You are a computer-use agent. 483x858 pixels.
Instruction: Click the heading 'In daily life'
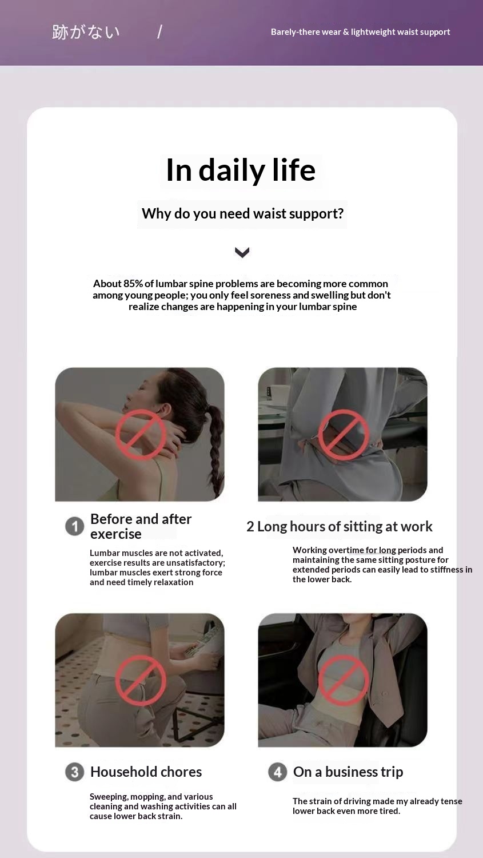pyautogui.click(x=241, y=170)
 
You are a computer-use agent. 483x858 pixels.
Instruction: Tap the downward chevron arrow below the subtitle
pyautogui.click(x=242, y=252)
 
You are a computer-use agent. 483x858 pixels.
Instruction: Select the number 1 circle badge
pyautogui.click(x=75, y=526)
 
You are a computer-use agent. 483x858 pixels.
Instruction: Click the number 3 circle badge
pyautogui.click(x=75, y=772)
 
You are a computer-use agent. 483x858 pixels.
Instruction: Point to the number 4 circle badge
pyautogui.click(x=277, y=772)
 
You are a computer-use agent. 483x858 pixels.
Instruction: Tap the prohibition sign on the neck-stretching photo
pyautogui.click(x=141, y=435)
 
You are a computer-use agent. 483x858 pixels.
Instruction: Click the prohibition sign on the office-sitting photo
pyautogui.click(x=344, y=435)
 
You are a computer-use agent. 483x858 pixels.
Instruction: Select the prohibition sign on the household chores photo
pyautogui.click(x=141, y=680)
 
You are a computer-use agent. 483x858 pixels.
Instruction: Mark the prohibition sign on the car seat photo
pyautogui.click(x=344, y=680)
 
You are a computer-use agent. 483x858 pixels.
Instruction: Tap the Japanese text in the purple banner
pyautogui.click(x=86, y=32)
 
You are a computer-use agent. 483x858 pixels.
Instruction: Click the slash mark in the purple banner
pyautogui.click(x=160, y=32)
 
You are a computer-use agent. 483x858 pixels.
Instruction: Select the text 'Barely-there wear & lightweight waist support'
pyautogui.click(x=361, y=32)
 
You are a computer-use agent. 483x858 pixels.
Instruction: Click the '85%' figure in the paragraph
pyautogui.click(x=133, y=284)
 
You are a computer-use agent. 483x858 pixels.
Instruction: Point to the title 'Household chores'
pyautogui.click(x=146, y=772)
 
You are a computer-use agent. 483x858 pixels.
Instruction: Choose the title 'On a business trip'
pyautogui.click(x=348, y=772)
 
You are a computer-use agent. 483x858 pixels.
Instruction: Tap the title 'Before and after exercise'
pyautogui.click(x=141, y=526)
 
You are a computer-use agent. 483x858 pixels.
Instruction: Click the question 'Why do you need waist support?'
pyautogui.click(x=243, y=214)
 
